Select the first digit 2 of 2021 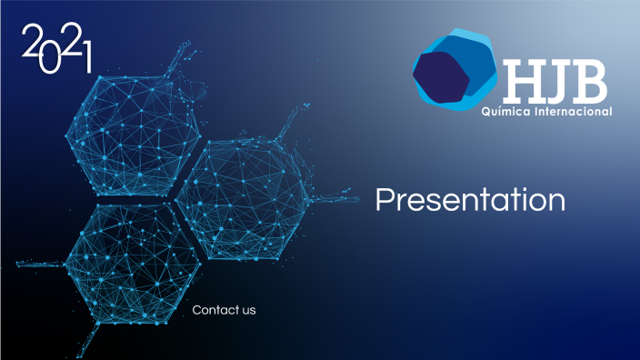point(32,41)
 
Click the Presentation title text point(470,200)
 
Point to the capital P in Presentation point(385,200)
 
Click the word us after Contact point(249,311)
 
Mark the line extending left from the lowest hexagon point(36,265)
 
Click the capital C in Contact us point(196,310)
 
